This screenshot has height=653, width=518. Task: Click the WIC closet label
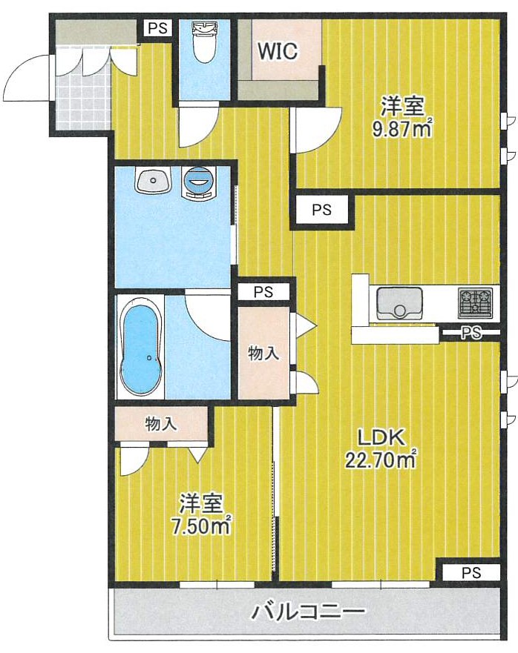click(x=278, y=51)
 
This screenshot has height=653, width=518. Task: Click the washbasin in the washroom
click(x=153, y=179)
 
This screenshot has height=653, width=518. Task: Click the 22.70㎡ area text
click(x=379, y=461)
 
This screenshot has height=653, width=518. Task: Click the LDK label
click(x=380, y=437)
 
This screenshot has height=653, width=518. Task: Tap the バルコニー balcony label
click(x=307, y=613)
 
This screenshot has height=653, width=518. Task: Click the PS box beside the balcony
click(x=471, y=572)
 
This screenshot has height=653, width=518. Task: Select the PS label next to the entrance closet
click(x=157, y=29)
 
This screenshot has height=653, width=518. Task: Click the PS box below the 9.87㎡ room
click(x=321, y=210)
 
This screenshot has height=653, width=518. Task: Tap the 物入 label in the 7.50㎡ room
click(x=160, y=424)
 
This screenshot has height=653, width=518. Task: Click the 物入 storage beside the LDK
click(x=263, y=354)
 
